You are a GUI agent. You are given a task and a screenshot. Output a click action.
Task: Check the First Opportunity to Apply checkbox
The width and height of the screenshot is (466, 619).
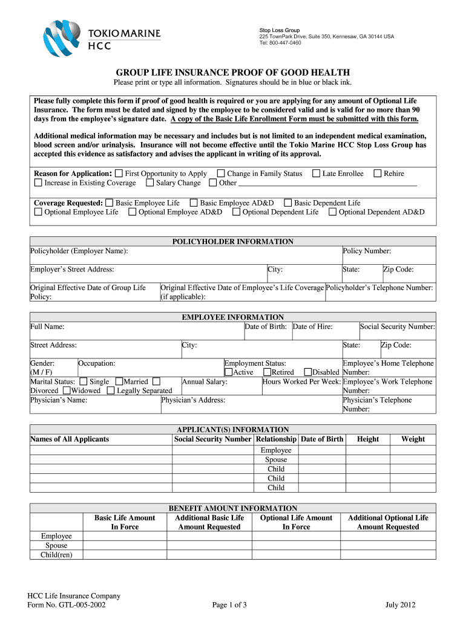tap(119, 173)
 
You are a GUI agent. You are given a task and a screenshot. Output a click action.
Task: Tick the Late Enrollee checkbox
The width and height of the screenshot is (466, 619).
tap(316, 173)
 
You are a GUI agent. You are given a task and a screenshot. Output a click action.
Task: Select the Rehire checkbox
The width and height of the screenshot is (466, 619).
tap(378, 173)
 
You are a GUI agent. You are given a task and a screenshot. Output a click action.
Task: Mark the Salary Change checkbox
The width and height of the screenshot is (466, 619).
tap(149, 183)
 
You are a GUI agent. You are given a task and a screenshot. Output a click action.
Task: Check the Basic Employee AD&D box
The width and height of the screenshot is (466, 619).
tap(194, 203)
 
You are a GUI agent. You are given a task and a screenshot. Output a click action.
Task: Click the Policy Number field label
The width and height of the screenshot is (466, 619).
tap(367, 251)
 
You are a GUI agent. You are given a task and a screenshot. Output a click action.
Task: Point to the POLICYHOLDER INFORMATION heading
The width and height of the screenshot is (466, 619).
tap(233, 241)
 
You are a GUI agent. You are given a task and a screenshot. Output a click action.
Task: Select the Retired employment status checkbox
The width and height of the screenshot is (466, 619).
tap(267, 372)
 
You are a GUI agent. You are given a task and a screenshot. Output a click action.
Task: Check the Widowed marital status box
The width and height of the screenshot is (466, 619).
tap(67, 391)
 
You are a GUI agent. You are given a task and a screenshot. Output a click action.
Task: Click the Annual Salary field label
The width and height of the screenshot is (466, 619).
tap(205, 381)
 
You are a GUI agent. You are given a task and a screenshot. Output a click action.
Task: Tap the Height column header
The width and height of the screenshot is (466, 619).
tap(368, 439)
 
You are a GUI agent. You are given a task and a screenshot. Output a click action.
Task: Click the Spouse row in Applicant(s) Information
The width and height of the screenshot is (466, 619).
tap(276, 459)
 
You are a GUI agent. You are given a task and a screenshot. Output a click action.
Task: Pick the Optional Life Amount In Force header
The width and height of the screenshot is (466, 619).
tap(296, 522)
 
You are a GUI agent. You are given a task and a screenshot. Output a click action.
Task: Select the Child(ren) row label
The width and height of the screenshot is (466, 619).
tap(56, 554)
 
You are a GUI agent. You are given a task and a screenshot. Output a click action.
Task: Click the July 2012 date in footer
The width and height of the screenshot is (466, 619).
tap(400, 605)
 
